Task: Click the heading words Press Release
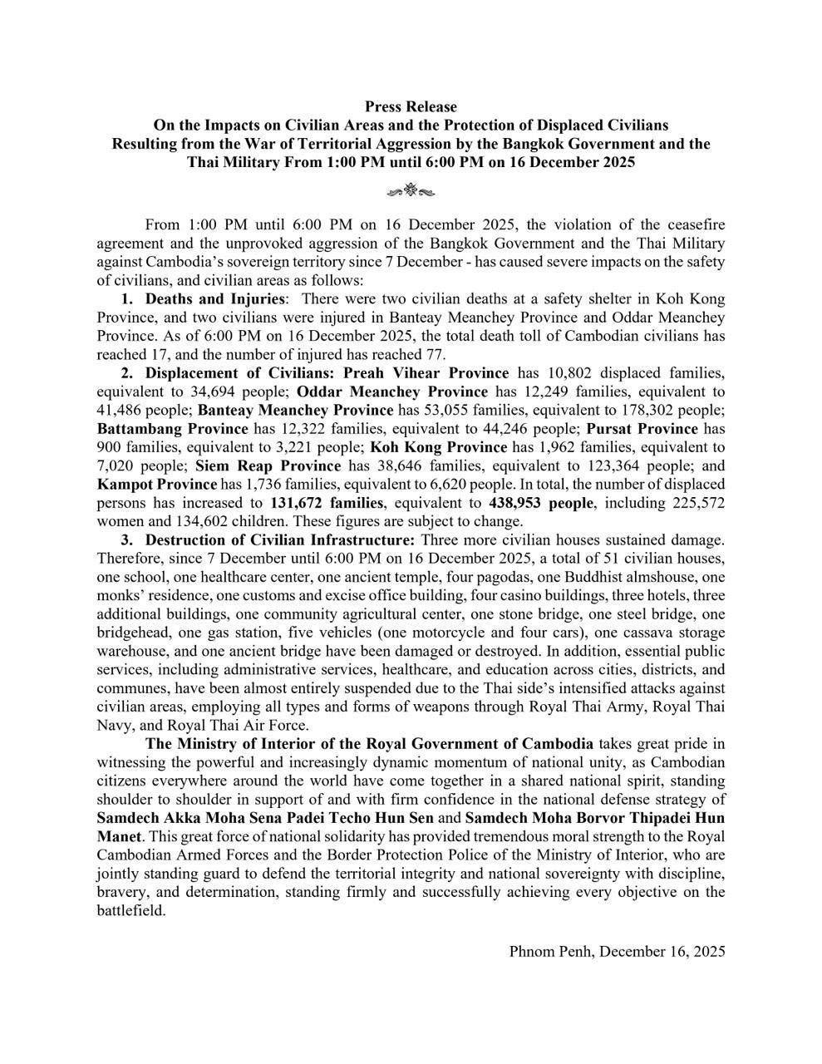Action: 411,106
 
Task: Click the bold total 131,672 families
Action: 327,503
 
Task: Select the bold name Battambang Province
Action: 172,428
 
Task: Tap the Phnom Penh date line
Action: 617,951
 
